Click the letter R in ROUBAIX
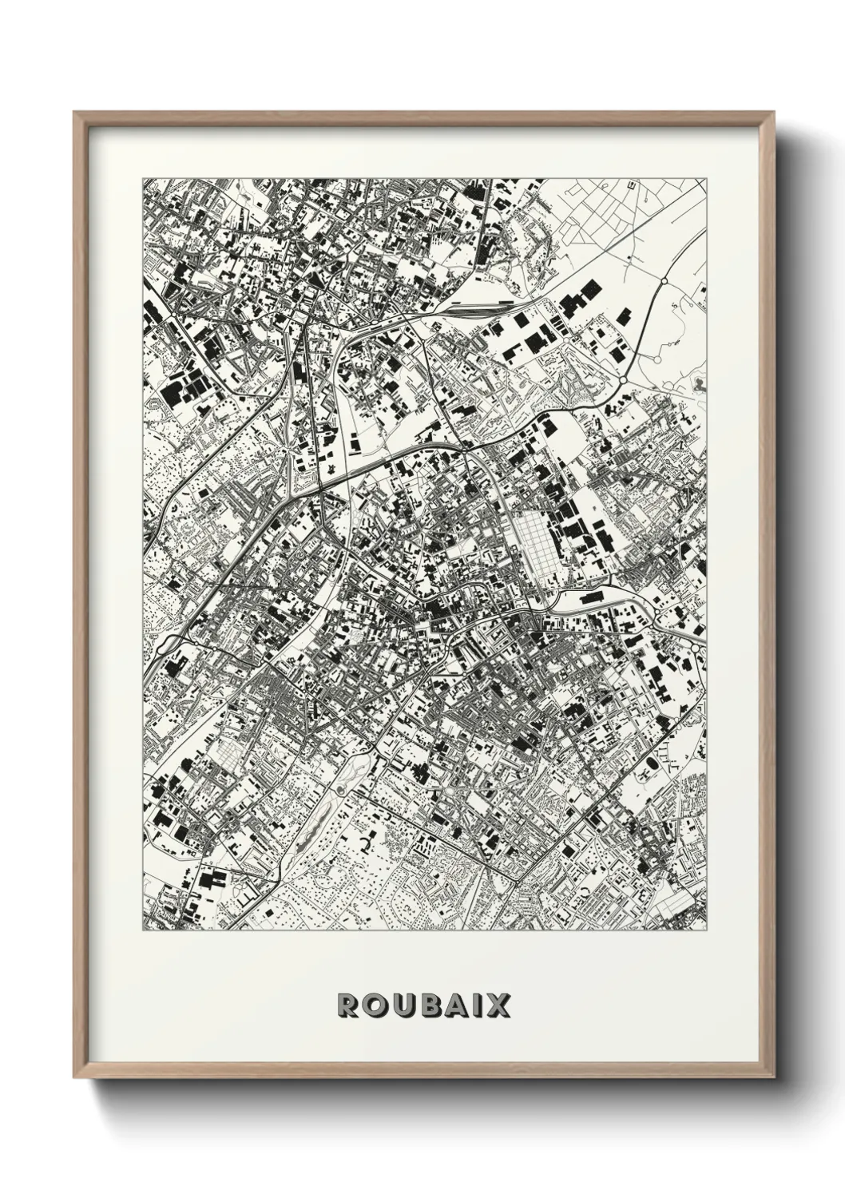348,1005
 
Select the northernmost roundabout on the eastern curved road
663,281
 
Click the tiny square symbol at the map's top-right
631,185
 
